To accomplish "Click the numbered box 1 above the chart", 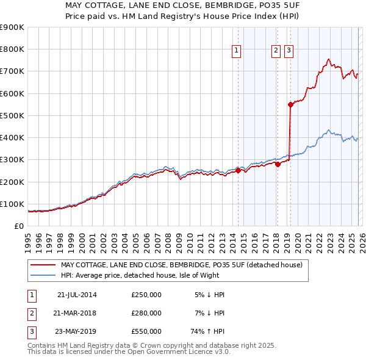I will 236,51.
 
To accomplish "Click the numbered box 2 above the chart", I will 276,51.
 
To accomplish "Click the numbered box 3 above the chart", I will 288,51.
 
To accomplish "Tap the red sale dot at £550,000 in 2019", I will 290,104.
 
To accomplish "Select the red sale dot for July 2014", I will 238,171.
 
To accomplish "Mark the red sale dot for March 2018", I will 278,164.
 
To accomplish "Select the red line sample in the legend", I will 44,265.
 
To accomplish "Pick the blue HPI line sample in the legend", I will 44,275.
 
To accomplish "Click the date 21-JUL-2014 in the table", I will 77,294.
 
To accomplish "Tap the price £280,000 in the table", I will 146,313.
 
